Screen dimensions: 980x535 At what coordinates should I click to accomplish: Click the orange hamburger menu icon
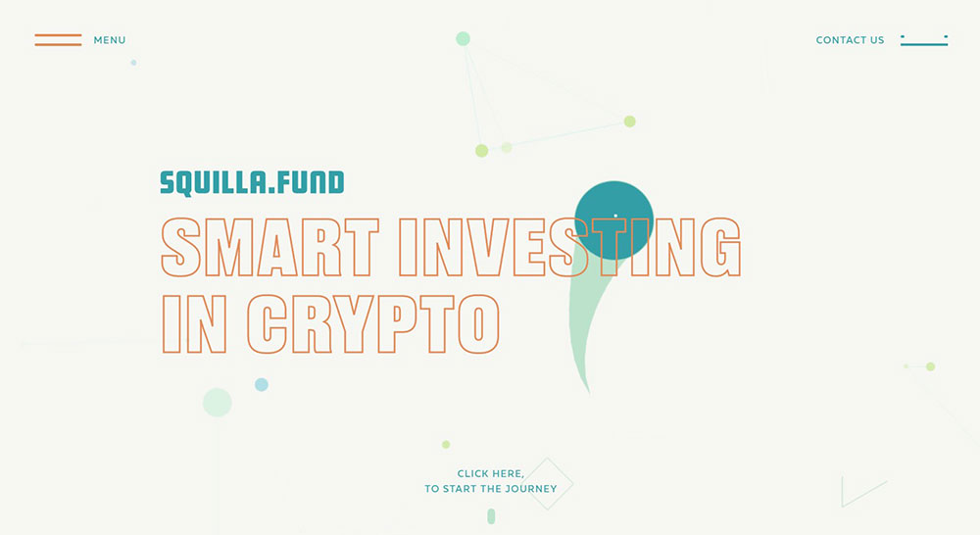pos(58,40)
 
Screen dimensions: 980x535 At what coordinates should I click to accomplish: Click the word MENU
pos(110,40)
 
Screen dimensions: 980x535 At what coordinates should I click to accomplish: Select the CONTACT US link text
pos(850,40)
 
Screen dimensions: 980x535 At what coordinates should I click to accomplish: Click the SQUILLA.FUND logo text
pos(252,183)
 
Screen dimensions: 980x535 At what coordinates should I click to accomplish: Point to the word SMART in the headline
pos(270,247)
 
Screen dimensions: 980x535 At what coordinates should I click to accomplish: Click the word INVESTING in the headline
pos(569,247)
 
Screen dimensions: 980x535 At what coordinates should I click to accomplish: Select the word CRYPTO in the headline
pos(373,323)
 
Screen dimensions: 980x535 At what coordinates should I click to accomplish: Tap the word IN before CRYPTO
pos(194,323)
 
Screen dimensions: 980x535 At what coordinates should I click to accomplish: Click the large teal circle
pos(613,220)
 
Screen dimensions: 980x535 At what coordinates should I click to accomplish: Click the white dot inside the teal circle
pos(615,216)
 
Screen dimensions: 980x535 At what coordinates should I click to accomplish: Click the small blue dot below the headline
pos(262,384)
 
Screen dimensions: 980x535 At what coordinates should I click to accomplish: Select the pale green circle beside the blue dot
pos(217,403)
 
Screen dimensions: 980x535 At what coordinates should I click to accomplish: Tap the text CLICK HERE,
pos(491,473)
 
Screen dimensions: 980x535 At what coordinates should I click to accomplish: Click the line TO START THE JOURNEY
pos(491,489)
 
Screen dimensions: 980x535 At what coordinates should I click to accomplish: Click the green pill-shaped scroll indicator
pos(491,516)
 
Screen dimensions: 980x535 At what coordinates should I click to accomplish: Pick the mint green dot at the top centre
pos(463,39)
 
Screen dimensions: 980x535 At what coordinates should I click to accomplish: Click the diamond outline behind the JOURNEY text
pos(562,471)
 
